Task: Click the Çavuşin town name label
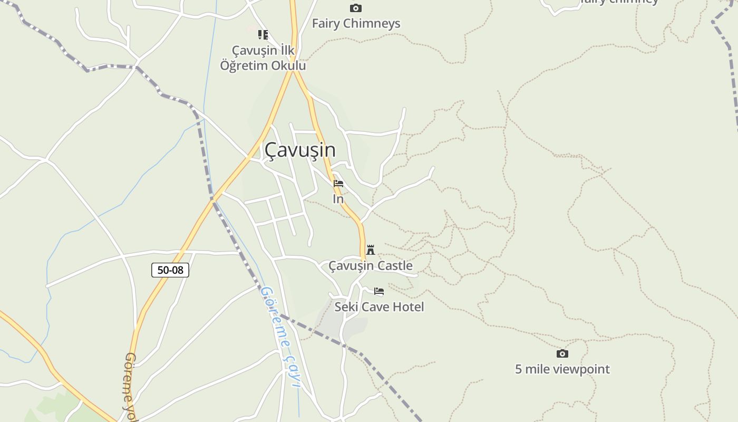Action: [x=300, y=150]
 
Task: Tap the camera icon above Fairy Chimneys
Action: [x=356, y=8]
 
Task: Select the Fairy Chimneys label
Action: [x=356, y=24]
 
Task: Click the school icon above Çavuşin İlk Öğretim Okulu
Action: [x=263, y=35]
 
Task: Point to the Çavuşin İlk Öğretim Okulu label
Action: [x=263, y=58]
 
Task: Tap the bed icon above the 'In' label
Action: [x=338, y=184]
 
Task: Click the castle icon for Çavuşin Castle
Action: [x=371, y=250]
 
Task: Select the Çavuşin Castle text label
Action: [x=371, y=265]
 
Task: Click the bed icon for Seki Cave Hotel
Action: [x=379, y=291]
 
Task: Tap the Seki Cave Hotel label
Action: [x=379, y=307]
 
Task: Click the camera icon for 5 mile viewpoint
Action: [x=562, y=353]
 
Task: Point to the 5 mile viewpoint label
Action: [x=562, y=369]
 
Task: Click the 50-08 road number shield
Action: [x=170, y=270]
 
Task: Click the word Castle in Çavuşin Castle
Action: [x=394, y=265]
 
